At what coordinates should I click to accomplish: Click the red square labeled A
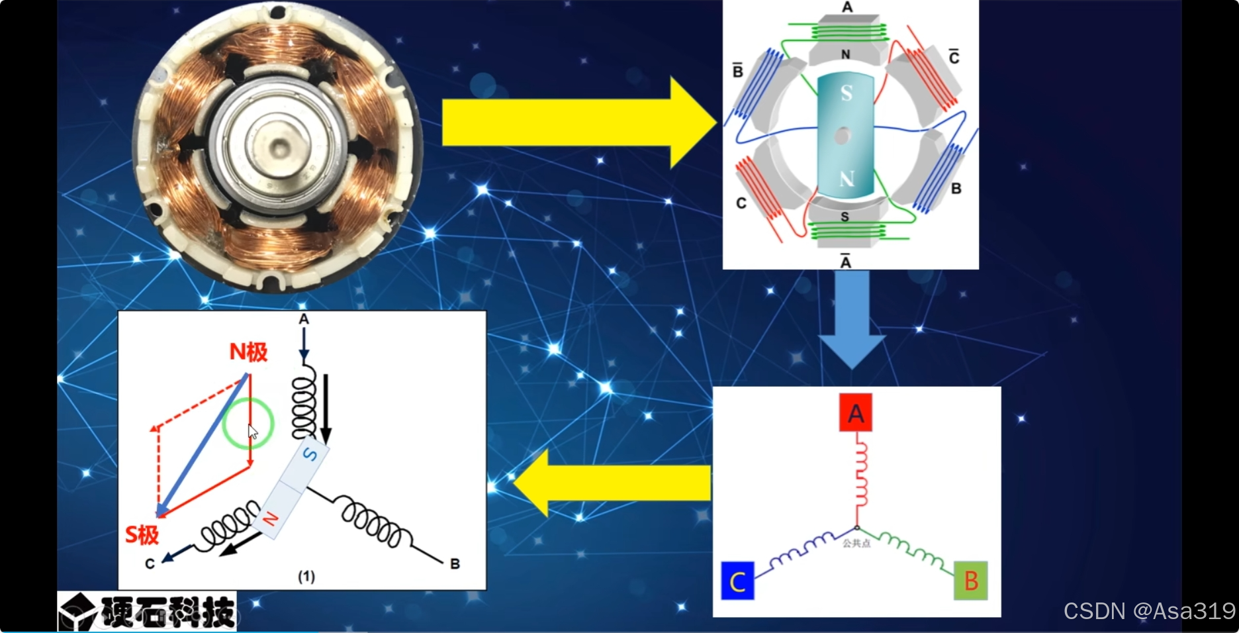click(x=856, y=413)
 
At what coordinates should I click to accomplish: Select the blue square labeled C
click(x=737, y=581)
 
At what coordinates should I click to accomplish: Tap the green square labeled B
click(x=970, y=581)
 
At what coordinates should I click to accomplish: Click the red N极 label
click(x=248, y=352)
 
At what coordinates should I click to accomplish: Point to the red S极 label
click(x=142, y=534)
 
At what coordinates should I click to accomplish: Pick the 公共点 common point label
click(x=856, y=544)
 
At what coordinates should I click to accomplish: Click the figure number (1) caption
click(x=306, y=576)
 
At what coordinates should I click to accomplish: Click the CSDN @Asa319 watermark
click(x=1149, y=610)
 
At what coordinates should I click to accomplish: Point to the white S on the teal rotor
click(x=847, y=93)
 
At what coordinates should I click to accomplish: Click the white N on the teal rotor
click(x=847, y=178)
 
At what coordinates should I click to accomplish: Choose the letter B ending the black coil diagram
click(x=455, y=563)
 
